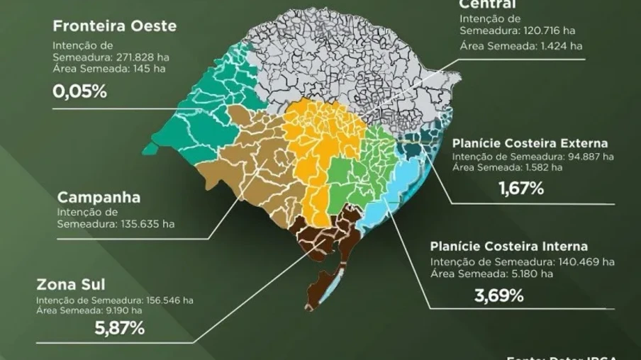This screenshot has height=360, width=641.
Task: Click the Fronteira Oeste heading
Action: pyautogui.click(x=114, y=27)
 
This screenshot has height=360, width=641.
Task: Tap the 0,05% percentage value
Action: pyautogui.click(x=79, y=92)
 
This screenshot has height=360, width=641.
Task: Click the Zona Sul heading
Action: pyautogui.click(x=71, y=285)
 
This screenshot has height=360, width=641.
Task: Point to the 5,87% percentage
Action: pyautogui.click(x=119, y=327)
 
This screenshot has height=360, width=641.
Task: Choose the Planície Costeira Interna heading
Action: pyautogui.click(x=508, y=247)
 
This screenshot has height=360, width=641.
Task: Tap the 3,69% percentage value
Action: pyautogui.click(x=498, y=295)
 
